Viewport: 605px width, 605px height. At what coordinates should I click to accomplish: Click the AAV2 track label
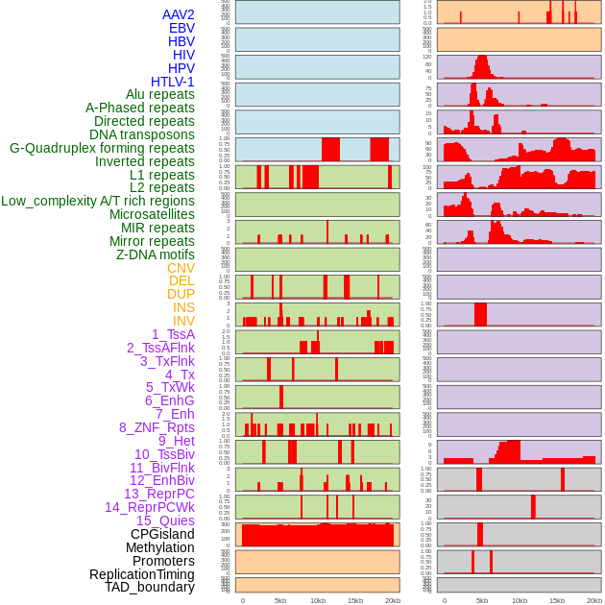[178, 14]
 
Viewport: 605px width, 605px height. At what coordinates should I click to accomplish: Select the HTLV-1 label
[172, 82]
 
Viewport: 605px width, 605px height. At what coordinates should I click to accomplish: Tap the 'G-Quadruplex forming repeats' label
[102, 148]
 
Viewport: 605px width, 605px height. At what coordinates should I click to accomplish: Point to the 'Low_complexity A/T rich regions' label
[97, 201]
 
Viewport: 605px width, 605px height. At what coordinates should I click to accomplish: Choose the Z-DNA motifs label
[155, 254]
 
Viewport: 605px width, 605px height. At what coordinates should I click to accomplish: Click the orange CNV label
[181, 268]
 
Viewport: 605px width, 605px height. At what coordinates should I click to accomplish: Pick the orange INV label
[183, 321]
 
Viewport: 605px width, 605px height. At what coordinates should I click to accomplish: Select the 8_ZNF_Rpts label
[157, 427]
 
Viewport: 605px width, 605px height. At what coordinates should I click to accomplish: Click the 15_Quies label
[164, 520]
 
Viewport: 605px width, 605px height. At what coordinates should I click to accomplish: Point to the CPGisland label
[162, 534]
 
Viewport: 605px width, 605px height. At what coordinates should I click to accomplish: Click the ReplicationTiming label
[141, 574]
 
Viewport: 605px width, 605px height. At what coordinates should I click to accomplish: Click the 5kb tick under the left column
[280, 600]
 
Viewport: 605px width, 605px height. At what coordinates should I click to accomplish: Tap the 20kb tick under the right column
[593, 600]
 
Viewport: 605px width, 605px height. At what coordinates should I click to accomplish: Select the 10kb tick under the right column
[519, 600]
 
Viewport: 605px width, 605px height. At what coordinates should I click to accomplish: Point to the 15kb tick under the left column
[355, 600]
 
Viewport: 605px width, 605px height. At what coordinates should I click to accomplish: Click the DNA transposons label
[142, 134]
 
